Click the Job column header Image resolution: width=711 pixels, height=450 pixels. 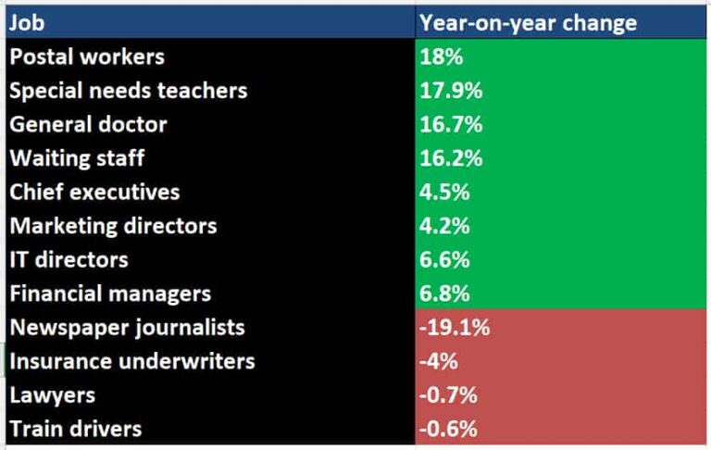tap(27, 22)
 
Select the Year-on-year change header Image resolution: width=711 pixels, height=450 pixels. tap(528, 22)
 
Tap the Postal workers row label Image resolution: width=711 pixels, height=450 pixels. tap(87, 56)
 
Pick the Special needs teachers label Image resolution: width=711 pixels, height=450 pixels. tap(129, 91)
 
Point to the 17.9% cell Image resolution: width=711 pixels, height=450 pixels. tap(450, 91)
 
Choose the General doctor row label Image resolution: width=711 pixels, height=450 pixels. tap(89, 124)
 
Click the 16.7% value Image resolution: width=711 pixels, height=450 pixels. tap(451, 124)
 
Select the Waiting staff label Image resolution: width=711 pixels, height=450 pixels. tap(77, 158)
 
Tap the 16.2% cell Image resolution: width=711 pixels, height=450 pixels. tap(451, 158)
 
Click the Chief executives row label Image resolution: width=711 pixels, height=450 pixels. tap(94, 193)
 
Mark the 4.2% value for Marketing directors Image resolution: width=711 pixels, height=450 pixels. tap(445, 226)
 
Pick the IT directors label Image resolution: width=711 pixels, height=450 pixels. tap(69, 260)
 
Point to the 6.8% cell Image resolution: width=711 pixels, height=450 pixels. tap(445, 294)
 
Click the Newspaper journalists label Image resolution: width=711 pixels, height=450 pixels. tap(127, 328)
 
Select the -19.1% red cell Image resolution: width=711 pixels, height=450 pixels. tap(455, 328)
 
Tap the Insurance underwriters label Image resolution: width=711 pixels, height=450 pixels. tap(131, 361)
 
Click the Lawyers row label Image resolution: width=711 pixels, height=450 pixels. tap(52, 395)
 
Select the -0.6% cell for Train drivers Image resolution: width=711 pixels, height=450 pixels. tap(449, 429)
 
